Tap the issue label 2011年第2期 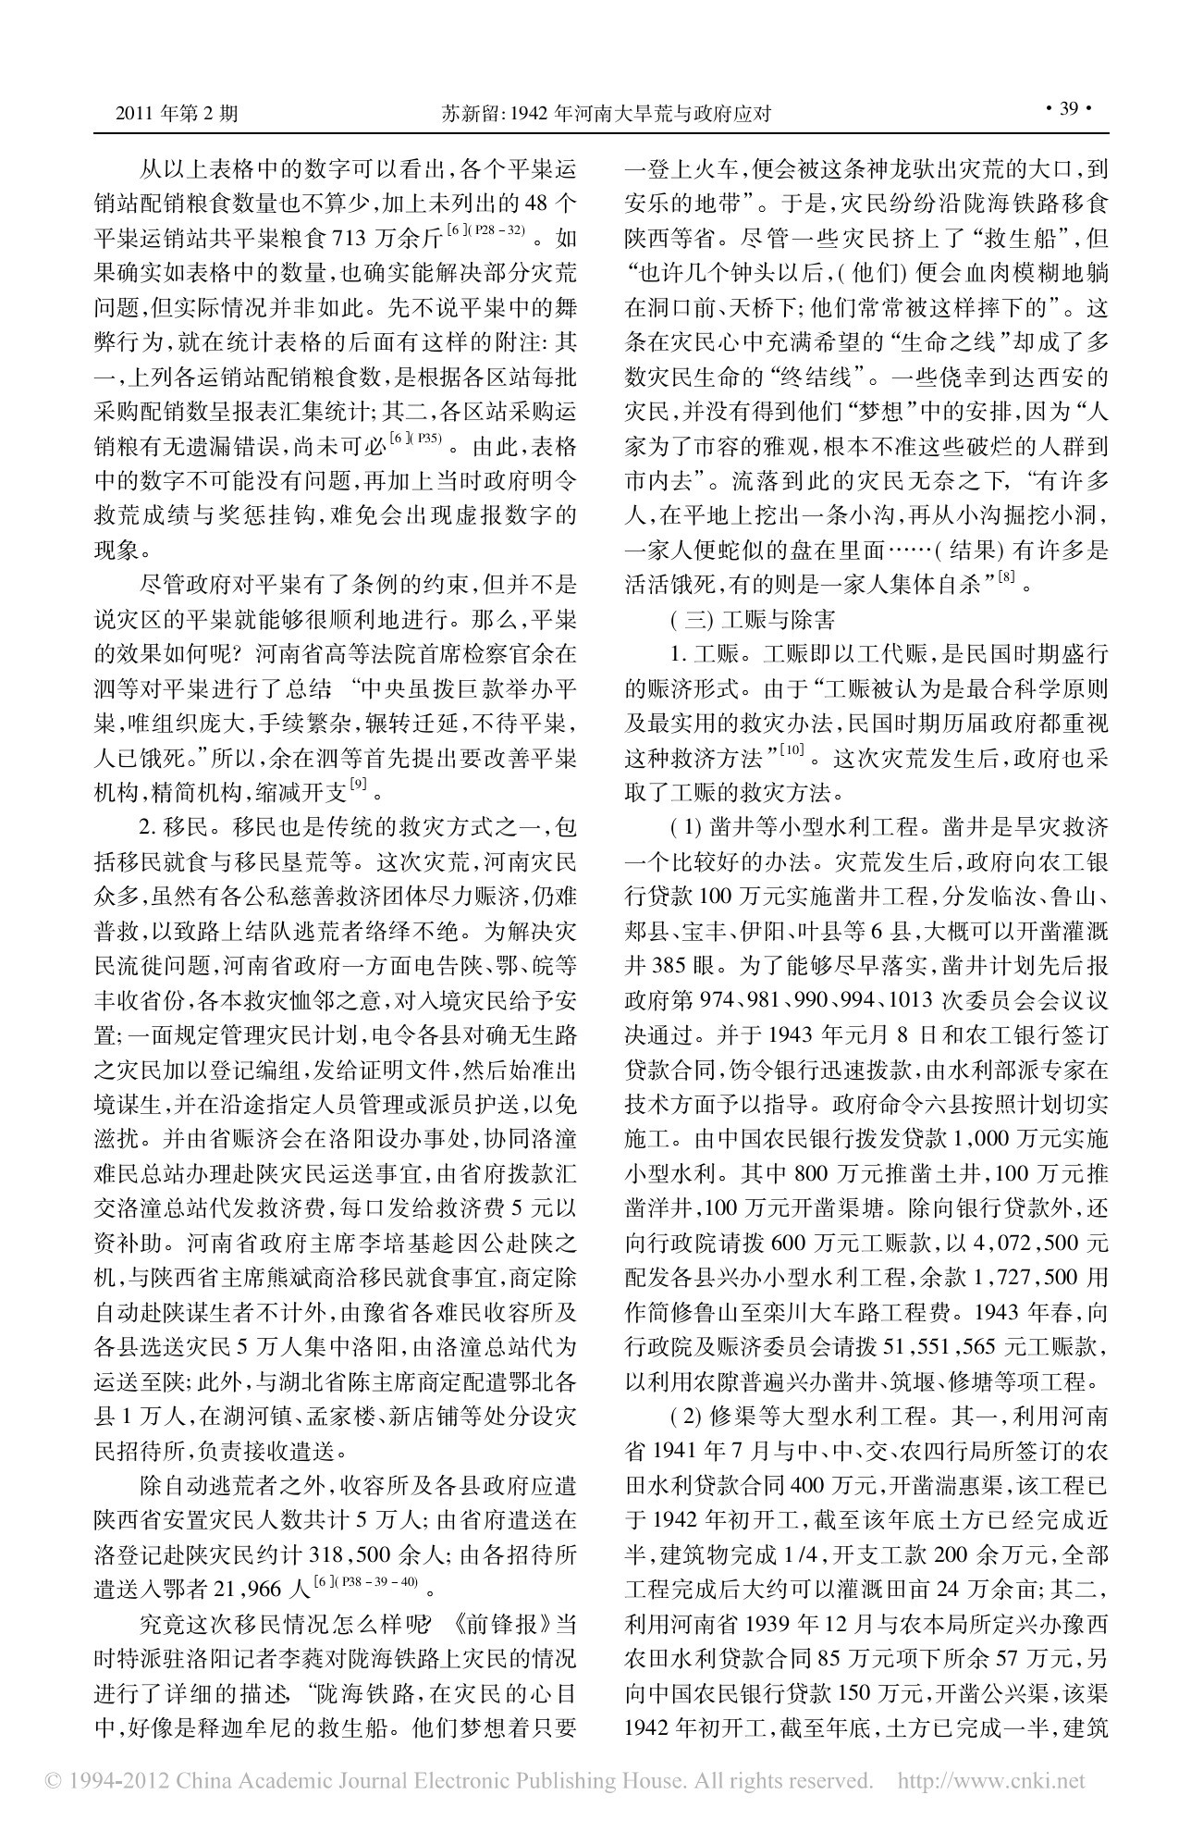tap(176, 113)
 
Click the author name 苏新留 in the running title tap(466, 113)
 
